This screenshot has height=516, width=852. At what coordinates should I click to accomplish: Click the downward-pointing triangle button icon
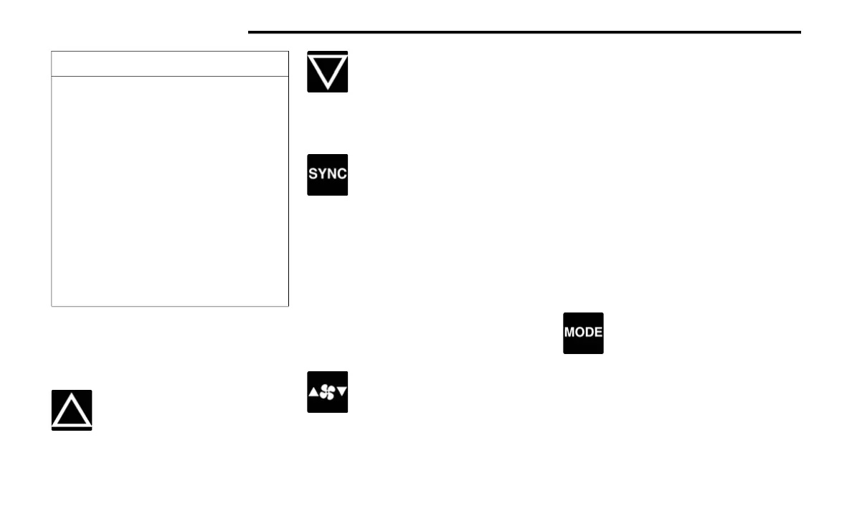coord(328,72)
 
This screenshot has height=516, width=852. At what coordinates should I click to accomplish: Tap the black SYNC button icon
coord(328,175)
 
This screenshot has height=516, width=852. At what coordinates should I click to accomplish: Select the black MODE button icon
coord(583,333)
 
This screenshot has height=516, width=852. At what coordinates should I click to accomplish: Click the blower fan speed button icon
coord(328,392)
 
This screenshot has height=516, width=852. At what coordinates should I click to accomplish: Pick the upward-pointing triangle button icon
coord(72,410)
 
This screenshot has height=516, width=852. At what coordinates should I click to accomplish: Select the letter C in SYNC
coord(341,175)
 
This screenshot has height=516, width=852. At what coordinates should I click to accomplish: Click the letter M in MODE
coord(569,333)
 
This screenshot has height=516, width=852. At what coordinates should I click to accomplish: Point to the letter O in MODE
coord(579,333)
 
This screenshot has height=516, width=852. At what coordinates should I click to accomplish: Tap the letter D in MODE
coord(588,333)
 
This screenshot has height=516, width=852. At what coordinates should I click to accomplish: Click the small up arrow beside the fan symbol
coord(314,392)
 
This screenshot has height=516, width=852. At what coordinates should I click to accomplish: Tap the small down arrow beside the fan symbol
coord(341,392)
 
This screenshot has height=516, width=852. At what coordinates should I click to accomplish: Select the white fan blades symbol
coord(328,392)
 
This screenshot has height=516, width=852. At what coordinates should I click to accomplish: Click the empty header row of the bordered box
coord(170,64)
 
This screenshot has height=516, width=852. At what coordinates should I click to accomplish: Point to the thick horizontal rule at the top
coord(524,32)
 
